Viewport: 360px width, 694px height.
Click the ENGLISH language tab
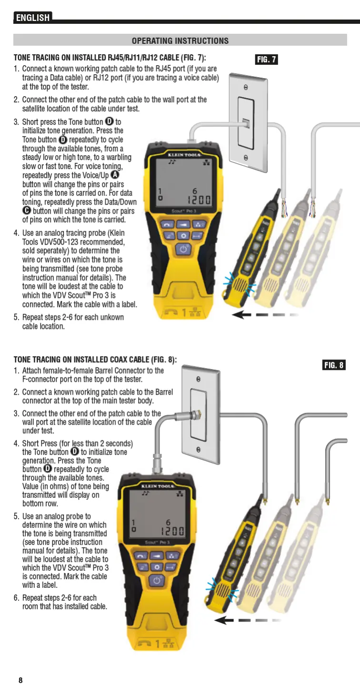32,18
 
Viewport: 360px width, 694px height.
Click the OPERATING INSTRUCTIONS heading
180,41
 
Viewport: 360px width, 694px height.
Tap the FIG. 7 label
266,59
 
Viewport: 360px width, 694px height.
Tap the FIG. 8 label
333,365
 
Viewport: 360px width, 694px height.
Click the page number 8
20,680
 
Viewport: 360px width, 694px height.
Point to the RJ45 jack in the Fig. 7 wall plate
246,123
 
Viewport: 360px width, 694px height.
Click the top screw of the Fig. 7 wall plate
246,88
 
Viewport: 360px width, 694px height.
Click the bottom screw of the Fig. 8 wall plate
199,449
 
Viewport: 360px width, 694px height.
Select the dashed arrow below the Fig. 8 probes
245,620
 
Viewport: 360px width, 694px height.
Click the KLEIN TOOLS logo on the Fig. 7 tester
184,155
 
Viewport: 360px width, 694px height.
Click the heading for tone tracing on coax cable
95,360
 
